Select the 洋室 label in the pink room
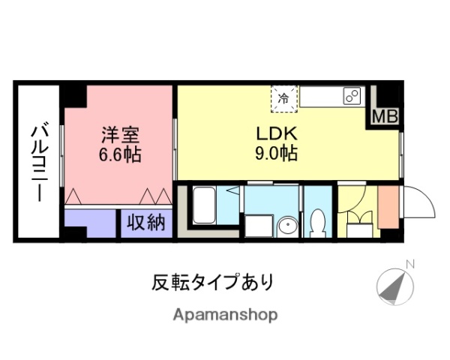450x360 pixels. tap(121, 136)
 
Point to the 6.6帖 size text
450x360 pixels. tap(121, 156)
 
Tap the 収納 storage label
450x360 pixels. tap(146, 223)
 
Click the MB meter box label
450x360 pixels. tap(385, 117)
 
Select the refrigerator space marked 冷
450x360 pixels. tap(283, 98)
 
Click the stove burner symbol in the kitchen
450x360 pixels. tap(351, 96)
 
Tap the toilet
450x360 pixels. tap(317, 221)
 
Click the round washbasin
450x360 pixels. tap(285, 226)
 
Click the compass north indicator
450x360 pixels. tap(396, 286)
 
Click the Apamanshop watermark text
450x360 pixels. tap(225, 315)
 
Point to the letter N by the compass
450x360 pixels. tap(409, 264)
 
